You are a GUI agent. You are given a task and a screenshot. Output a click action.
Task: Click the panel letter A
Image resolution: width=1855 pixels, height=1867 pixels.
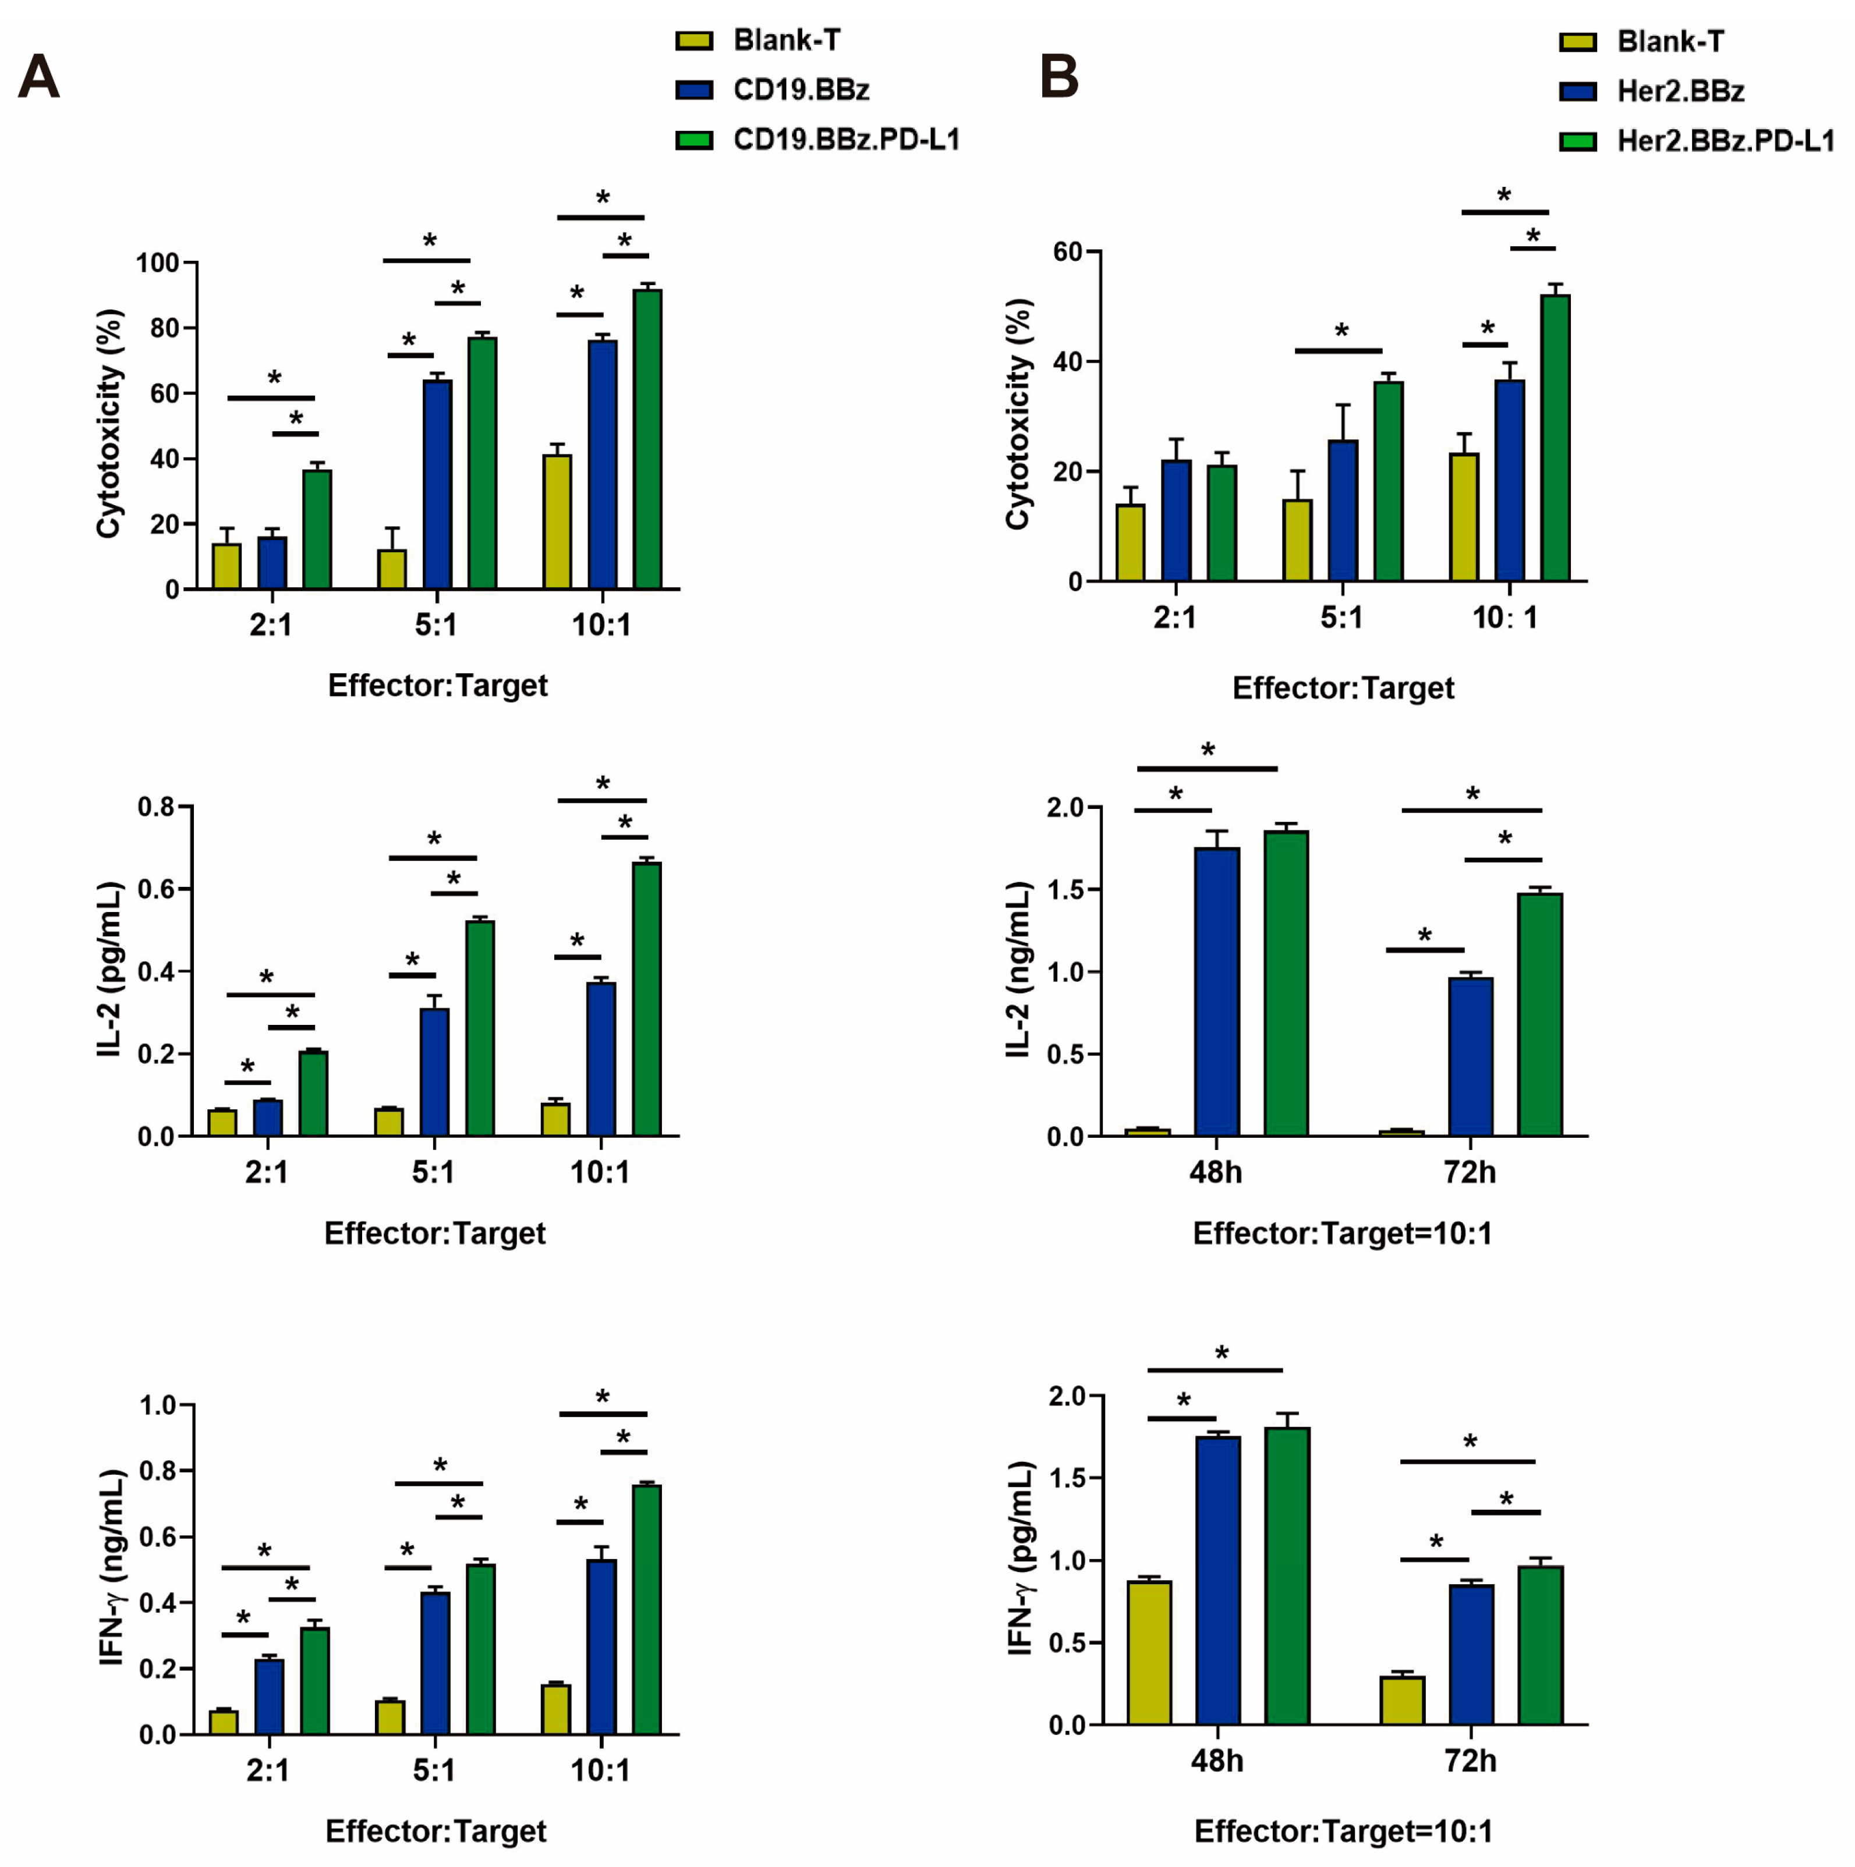(38, 77)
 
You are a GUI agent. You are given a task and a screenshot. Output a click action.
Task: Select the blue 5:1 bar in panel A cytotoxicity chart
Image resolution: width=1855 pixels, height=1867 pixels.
(437, 483)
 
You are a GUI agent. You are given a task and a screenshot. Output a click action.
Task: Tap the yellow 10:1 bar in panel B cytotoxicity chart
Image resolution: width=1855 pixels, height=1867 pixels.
(1464, 517)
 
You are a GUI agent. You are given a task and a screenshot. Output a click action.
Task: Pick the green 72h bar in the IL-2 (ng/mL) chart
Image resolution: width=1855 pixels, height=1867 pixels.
(1540, 1014)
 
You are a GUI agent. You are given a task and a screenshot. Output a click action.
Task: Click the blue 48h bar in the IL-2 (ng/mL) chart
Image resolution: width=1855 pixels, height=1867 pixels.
(1217, 991)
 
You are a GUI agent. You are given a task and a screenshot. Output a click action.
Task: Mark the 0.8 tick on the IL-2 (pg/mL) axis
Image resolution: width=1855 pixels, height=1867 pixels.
(155, 807)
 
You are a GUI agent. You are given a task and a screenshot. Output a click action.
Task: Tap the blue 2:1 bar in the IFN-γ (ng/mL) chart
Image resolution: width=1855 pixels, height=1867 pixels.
(270, 1696)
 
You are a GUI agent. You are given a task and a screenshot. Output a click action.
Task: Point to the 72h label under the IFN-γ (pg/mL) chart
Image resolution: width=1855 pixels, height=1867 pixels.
(1470, 1760)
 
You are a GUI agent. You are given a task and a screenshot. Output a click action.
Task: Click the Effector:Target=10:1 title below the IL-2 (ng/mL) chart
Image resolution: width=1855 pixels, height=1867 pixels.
(1341, 1234)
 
